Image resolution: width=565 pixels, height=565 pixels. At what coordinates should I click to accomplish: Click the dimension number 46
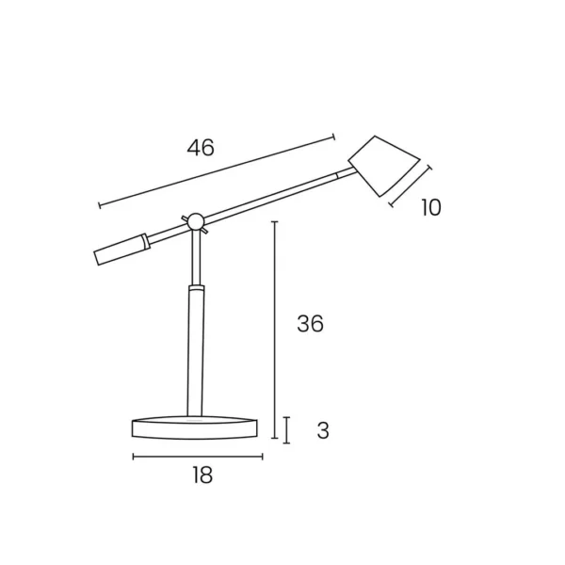point(201,148)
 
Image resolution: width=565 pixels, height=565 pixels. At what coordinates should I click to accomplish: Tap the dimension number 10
point(430,207)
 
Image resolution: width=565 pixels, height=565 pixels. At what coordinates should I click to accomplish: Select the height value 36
point(310,324)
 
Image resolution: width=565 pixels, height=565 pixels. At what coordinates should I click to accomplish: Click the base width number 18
point(202,476)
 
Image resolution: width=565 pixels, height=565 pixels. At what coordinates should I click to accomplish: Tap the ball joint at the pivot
point(196,222)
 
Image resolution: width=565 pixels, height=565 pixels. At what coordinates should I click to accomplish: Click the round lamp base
point(195,428)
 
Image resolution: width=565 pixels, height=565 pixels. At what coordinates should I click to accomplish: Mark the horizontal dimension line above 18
point(198,457)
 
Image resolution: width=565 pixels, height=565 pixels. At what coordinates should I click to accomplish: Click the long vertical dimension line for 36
point(273,330)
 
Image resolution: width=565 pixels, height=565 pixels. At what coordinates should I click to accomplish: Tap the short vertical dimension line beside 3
point(287,429)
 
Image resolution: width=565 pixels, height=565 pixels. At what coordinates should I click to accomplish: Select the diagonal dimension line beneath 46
point(217,170)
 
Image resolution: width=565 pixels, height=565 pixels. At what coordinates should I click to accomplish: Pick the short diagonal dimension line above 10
point(410,186)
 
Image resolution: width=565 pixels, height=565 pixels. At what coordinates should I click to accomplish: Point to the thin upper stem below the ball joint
point(195,256)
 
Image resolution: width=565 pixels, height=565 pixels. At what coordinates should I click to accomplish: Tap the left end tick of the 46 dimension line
point(99,205)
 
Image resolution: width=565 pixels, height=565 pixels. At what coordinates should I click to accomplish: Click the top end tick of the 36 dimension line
point(273,222)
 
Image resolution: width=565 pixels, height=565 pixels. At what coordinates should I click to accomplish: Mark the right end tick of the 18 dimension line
point(263,457)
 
